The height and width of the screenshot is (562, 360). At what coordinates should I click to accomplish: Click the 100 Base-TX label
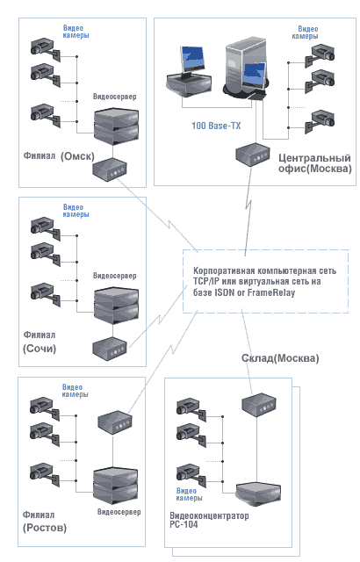[x=216, y=126]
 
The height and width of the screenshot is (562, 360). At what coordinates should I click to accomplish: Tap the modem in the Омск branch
[x=110, y=169]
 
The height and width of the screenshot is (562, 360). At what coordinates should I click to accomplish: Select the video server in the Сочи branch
[x=116, y=305]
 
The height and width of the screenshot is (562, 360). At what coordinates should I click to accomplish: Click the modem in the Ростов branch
[x=115, y=422]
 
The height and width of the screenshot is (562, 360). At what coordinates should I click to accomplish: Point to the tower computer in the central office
[x=245, y=68]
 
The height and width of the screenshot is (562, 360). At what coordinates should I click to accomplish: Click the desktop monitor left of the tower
[x=189, y=73]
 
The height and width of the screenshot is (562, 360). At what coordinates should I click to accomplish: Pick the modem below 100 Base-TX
[x=253, y=155]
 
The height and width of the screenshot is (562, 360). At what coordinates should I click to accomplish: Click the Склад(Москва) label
[x=280, y=358]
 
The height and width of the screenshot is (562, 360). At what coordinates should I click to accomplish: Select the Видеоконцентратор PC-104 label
[x=209, y=520]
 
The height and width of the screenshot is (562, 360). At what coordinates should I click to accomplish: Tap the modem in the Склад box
[x=259, y=405]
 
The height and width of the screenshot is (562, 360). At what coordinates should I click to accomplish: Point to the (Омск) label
[x=77, y=156]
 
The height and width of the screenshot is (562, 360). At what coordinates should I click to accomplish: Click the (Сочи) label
[x=40, y=349]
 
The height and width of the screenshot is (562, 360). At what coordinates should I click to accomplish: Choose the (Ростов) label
[x=45, y=528]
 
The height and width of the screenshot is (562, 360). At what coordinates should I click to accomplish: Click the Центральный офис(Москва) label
[x=315, y=163]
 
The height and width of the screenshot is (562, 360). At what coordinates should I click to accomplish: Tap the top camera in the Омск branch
[x=45, y=49]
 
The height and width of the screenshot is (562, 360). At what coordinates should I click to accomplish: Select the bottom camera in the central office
[x=320, y=122]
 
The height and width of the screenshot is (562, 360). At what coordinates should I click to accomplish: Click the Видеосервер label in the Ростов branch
[x=119, y=512]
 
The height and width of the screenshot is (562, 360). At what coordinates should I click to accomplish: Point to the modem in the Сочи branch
[x=110, y=349]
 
